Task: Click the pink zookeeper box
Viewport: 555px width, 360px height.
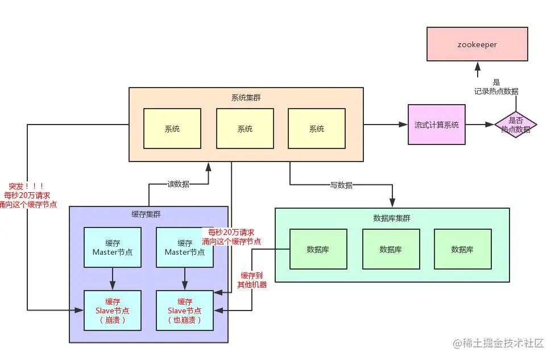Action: click(x=477, y=44)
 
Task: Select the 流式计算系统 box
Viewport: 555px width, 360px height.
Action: click(x=436, y=125)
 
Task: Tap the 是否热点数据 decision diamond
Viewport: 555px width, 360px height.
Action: click(x=516, y=125)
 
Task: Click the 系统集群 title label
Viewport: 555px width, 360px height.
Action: click(x=246, y=98)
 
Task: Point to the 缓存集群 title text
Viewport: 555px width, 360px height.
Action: click(x=146, y=214)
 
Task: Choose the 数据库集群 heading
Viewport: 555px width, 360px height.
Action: click(x=392, y=218)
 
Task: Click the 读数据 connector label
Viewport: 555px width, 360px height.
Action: click(x=178, y=184)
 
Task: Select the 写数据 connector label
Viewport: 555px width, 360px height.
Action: click(x=341, y=185)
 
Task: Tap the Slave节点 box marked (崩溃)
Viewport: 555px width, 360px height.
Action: click(x=113, y=311)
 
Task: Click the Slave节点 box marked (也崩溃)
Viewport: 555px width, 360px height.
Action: click(x=185, y=311)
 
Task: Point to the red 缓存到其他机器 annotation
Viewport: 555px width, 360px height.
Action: click(x=252, y=280)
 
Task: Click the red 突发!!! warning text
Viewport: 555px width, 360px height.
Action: click(x=26, y=186)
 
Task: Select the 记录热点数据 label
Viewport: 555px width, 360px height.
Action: click(x=496, y=92)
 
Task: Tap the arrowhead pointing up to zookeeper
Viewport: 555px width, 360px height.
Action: click(x=478, y=67)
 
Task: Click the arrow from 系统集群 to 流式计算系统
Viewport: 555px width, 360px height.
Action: click(x=386, y=125)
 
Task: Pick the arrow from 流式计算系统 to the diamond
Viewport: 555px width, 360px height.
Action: click(x=479, y=125)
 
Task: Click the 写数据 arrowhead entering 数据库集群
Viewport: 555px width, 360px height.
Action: click(x=392, y=202)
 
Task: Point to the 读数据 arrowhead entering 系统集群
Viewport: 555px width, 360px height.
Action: click(x=209, y=167)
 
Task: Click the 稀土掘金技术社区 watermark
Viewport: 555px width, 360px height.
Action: click(x=498, y=343)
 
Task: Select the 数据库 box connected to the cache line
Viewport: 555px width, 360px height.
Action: click(x=318, y=249)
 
